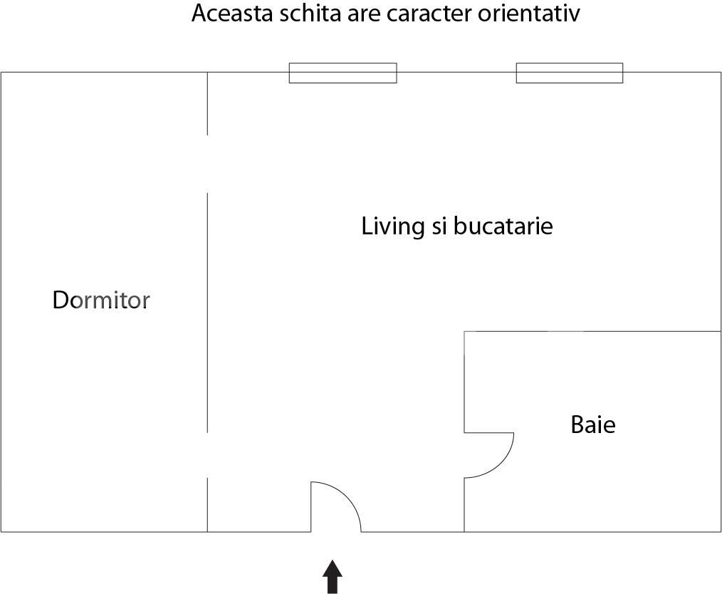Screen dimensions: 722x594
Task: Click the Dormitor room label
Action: click(x=101, y=300)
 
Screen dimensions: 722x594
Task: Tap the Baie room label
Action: click(x=592, y=424)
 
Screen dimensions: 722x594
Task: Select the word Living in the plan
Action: click(x=393, y=226)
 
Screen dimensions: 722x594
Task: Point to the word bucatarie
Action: click(x=503, y=226)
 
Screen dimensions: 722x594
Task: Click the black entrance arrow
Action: click(x=332, y=576)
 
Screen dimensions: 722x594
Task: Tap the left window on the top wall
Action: click(x=342, y=73)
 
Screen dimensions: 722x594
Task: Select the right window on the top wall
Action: click(x=569, y=73)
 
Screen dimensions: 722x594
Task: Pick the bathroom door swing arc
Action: click(x=500, y=464)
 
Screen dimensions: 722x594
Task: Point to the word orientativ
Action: click(x=529, y=14)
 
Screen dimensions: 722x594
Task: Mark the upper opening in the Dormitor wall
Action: click(x=207, y=164)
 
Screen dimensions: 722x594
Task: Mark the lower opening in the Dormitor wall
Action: click(x=207, y=455)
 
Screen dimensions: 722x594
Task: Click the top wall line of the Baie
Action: click(x=592, y=331)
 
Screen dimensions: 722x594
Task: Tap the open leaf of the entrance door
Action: click(x=311, y=506)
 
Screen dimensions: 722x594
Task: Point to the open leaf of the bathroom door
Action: click(x=489, y=433)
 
